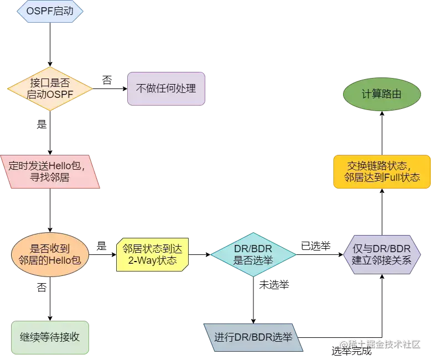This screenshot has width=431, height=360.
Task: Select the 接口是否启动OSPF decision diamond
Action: (x=50, y=88)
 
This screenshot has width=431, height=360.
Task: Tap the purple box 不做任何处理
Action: (x=167, y=88)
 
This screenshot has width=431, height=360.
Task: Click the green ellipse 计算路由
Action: (x=382, y=94)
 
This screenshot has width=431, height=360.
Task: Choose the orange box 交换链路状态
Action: (x=382, y=171)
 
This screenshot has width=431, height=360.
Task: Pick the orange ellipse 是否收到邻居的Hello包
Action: (x=50, y=254)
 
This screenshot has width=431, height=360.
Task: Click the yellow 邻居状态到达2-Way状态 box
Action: (x=153, y=254)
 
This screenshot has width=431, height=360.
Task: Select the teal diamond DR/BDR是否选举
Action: (x=253, y=254)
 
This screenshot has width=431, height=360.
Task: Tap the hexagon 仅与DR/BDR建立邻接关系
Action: (x=382, y=254)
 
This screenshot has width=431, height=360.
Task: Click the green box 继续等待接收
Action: (x=50, y=336)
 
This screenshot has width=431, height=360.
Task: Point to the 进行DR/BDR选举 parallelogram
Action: (x=253, y=337)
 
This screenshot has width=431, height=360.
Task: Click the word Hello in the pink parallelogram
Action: (x=61, y=165)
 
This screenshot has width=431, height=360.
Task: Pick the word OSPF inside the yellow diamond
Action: (x=59, y=95)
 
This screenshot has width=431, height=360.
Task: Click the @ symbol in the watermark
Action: (x=343, y=344)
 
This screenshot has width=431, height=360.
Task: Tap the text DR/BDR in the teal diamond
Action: (x=253, y=248)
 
